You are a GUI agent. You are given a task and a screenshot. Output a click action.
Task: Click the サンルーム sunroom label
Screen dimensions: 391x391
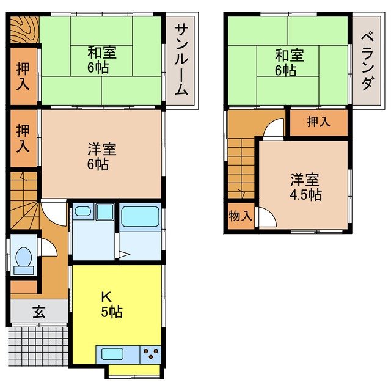click(x=181, y=59)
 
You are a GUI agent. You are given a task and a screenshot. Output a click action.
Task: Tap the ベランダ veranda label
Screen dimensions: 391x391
click(x=366, y=59)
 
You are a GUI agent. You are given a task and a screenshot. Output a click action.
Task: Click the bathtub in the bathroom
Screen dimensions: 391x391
click(x=140, y=217)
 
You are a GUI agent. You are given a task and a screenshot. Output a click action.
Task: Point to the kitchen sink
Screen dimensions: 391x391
click(x=113, y=353)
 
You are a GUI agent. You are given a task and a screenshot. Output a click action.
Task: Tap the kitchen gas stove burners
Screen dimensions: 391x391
click(x=151, y=353)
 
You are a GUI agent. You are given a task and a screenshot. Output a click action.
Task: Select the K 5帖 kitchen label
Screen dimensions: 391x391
click(x=111, y=304)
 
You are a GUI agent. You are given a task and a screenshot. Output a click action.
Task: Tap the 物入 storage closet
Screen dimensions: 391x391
click(x=240, y=216)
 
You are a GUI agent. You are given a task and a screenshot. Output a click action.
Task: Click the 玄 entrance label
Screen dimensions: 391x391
click(x=38, y=312)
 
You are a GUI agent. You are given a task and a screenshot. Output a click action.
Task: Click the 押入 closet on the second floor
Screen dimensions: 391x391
click(x=318, y=122)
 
